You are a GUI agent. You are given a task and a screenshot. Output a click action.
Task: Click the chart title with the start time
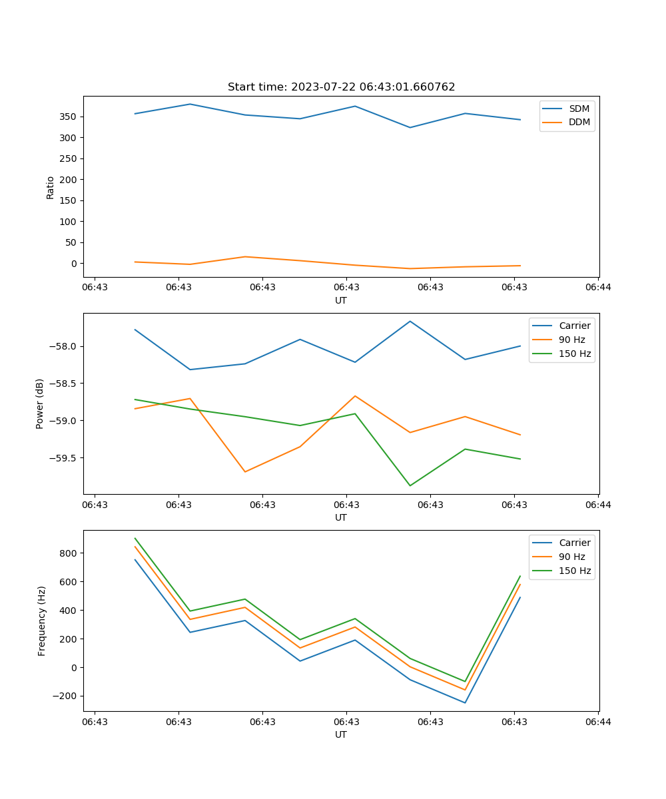pyautogui.click(x=341, y=87)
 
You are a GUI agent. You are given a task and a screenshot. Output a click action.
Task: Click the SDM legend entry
pyautogui.click(x=579, y=109)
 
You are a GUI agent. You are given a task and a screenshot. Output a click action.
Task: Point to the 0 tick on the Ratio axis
pyautogui.click(x=74, y=264)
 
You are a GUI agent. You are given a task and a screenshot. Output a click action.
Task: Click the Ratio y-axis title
pyautogui.click(x=51, y=187)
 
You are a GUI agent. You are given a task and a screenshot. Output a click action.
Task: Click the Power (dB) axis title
pyautogui.click(x=40, y=403)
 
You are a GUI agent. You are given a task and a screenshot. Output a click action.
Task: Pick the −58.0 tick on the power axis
pyautogui.click(x=64, y=346)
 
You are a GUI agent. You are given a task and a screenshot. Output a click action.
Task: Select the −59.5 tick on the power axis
pyautogui.click(x=64, y=458)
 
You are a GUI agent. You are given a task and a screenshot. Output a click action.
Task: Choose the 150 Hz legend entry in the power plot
pyautogui.click(x=575, y=354)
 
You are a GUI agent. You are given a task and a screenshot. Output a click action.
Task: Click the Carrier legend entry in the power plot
pyautogui.click(x=574, y=326)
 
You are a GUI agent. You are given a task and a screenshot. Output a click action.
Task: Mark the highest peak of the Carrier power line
pyautogui.click(x=410, y=321)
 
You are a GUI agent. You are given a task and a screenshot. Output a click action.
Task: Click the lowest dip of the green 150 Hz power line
pyautogui.click(x=410, y=486)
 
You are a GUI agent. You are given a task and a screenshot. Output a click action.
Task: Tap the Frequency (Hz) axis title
pyautogui.click(x=41, y=621)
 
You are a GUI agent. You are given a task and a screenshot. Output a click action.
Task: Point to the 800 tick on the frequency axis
pyautogui.click(x=68, y=553)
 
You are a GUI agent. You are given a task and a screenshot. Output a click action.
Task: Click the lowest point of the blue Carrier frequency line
pyautogui.click(x=465, y=703)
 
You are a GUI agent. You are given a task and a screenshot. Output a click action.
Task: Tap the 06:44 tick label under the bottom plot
pyautogui.click(x=598, y=721)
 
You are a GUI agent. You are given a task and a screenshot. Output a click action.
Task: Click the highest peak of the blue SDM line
pyautogui.click(x=190, y=104)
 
